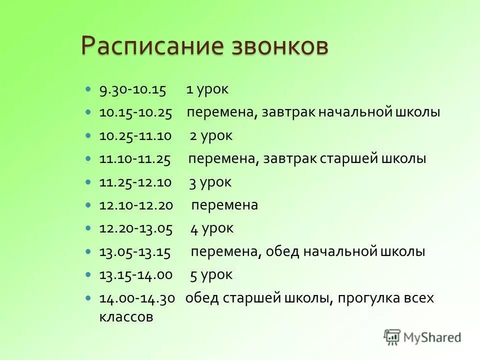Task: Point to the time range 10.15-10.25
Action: (135, 113)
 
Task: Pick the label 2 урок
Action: (211, 136)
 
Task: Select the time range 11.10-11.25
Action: (135, 159)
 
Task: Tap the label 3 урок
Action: (210, 182)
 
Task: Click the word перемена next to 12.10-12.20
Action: (224, 205)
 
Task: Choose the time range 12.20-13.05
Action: (135, 229)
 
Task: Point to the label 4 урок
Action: (212, 229)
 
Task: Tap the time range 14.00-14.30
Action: (137, 298)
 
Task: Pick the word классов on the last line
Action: (125, 317)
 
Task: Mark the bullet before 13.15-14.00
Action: (88, 274)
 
